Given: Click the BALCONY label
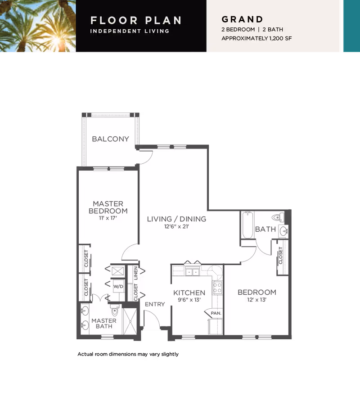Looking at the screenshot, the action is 110,139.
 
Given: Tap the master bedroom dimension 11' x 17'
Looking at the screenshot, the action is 108,218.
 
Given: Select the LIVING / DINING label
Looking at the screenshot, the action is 176,219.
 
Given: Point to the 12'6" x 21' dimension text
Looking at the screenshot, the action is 176,226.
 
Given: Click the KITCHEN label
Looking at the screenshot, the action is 189,293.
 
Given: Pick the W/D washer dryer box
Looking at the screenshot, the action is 118,286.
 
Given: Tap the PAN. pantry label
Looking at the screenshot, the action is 216,313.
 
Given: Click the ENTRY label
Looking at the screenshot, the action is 155,304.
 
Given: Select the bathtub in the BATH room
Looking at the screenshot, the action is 247,225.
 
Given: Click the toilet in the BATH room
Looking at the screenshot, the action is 278,217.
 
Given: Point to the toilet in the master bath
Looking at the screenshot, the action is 115,310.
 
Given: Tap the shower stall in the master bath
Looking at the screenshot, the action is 130,321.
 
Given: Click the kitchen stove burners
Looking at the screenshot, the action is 217,288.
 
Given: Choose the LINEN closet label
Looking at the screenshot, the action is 136,273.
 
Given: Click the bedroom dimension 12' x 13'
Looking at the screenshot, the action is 257,300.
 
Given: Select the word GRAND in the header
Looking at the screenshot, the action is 243,19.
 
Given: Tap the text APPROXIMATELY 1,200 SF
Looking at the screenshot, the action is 256,38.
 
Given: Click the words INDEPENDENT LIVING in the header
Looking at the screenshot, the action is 130,31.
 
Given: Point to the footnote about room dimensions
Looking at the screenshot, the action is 128,354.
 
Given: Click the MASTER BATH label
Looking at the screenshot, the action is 104,323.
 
